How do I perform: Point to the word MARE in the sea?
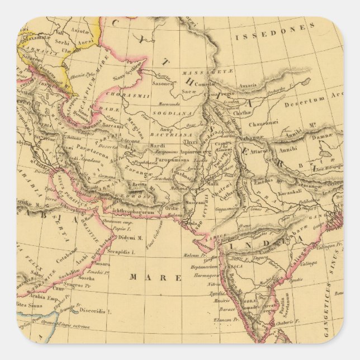pos(156,277)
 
